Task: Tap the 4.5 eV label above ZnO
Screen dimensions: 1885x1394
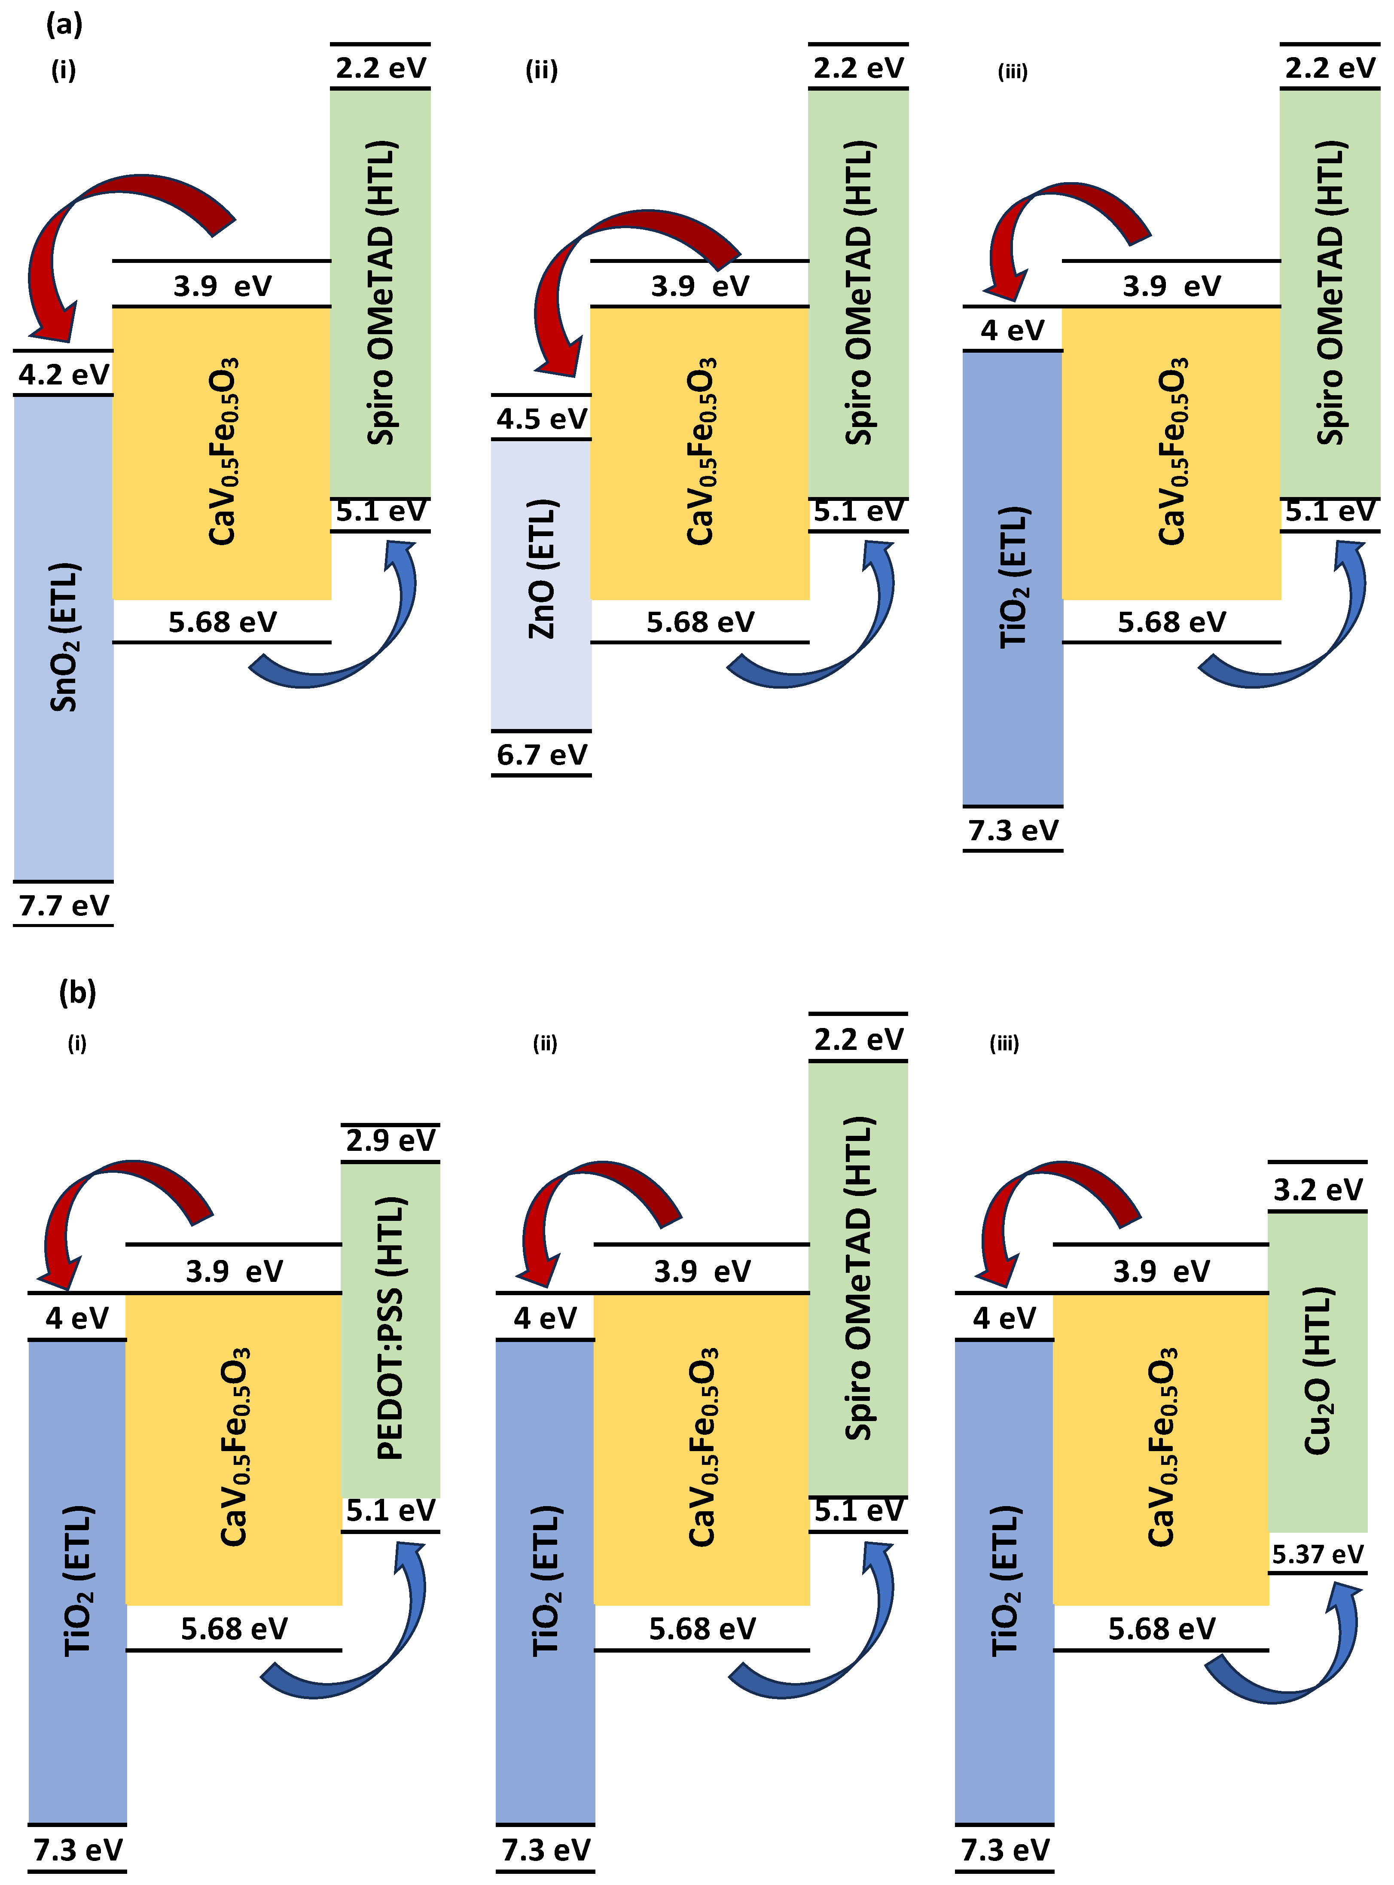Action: (x=541, y=418)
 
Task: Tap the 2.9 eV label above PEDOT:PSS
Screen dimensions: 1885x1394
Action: (x=390, y=1140)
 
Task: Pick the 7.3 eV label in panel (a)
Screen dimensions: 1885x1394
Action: (x=1013, y=830)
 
